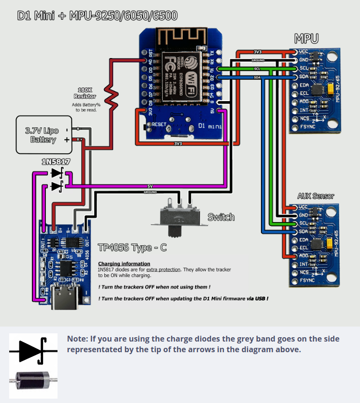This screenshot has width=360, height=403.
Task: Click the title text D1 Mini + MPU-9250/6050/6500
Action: pyautogui.click(x=97, y=16)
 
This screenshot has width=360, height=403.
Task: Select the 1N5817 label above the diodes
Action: pyautogui.click(x=56, y=162)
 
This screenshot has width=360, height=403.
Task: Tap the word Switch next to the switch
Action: pyautogui.click(x=221, y=217)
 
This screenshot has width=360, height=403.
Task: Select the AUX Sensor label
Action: pyautogui.click(x=316, y=196)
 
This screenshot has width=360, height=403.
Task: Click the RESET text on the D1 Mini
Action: pyautogui.click(x=159, y=124)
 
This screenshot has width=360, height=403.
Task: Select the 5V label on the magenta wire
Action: pyautogui.click(x=150, y=186)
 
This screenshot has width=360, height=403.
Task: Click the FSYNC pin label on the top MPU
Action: pyautogui.click(x=307, y=127)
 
